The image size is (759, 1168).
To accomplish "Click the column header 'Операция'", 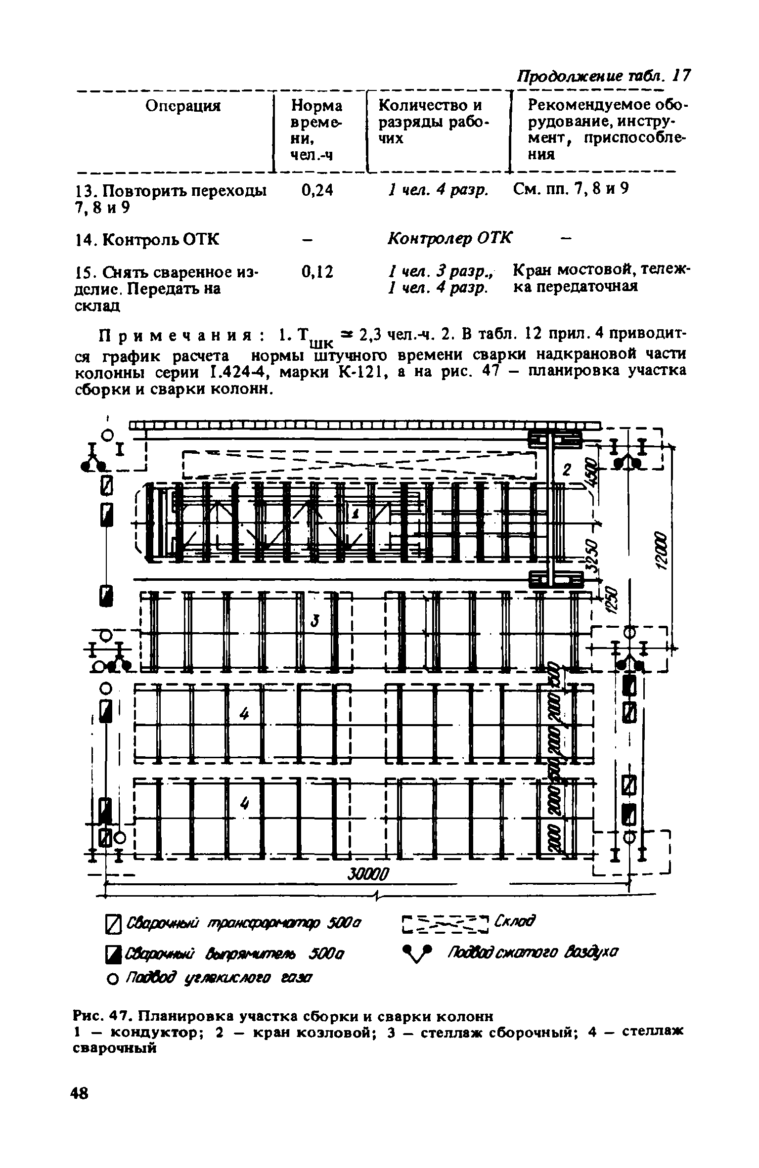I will (x=182, y=106).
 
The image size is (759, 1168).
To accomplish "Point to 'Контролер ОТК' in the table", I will (x=450, y=238).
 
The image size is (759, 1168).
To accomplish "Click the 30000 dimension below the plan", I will (x=369, y=873).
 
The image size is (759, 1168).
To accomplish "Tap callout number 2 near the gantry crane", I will (x=567, y=470).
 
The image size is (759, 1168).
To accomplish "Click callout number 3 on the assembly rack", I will (x=314, y=620).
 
